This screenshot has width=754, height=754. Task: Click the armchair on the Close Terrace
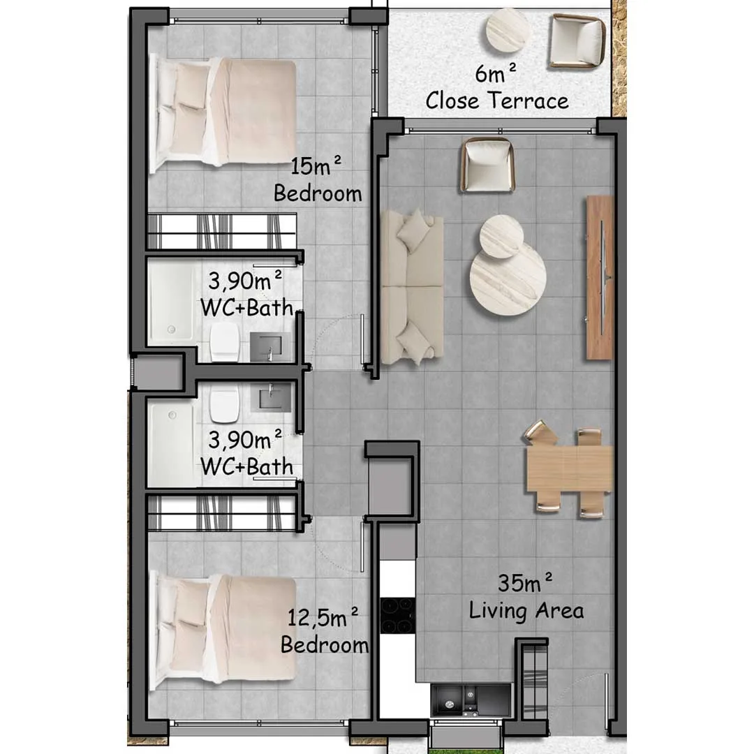click(577, 41)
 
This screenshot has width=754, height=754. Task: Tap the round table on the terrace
click(508, 30)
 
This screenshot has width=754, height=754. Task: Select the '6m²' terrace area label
click(495, 73)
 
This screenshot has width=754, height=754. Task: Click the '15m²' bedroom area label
click(316, 165)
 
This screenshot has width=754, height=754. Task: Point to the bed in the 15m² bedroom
click(223, 113)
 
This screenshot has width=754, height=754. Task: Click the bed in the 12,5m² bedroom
click(223, 632)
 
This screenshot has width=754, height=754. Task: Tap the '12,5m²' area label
click(323, 617)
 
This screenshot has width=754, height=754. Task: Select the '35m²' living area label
click(524, 582)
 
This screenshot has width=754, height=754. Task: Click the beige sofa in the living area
click(412, 287)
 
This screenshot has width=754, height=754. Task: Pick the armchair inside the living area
click(487, 165)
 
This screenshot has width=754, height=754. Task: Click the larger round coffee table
click(508, 278)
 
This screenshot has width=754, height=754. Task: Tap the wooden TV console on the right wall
click(600, 277)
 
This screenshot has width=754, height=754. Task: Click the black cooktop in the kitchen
click(397, 616)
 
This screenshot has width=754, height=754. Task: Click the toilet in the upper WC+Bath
click(225, 341)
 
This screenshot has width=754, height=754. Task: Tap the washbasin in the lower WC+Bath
click(271, 397)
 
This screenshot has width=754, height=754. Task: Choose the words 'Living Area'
click(526, 610)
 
